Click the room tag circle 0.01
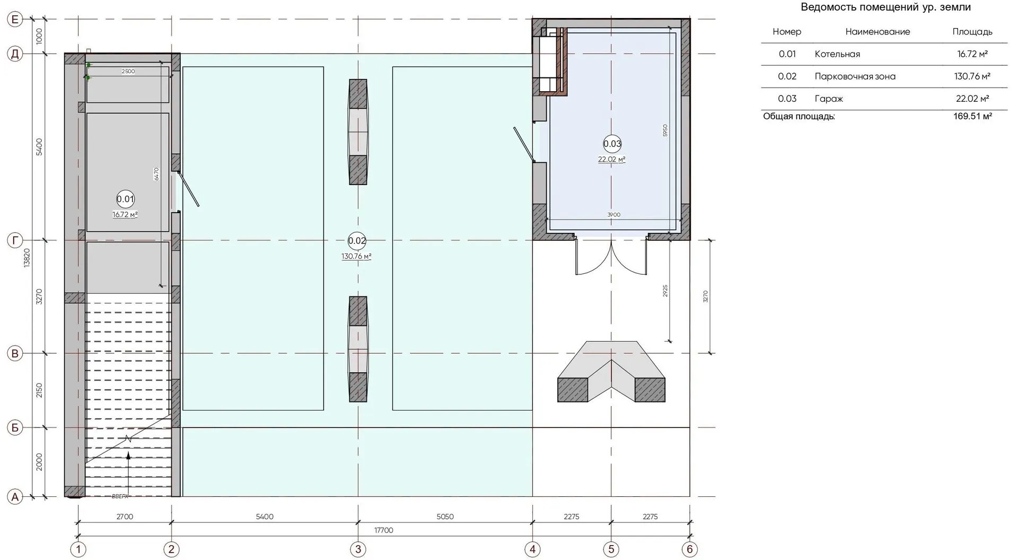point(125,199)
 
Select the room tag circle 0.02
point(357,241)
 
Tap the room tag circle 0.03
point(612,144)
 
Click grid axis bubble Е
point(15,20)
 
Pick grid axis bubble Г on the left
point(15,241)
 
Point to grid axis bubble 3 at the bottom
point(358,549)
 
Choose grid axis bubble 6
point(690,549)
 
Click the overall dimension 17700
point(384,530)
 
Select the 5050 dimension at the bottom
point(445,517)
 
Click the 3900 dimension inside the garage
point(613,215)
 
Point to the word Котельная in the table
point(837,54)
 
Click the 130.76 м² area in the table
point(972,76)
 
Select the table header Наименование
point(877,32)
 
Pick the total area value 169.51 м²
point(972,116)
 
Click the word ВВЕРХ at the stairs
point(120,496)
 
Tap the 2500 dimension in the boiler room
point(128,72)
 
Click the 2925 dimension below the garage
point(665,291)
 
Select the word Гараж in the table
point(829,99)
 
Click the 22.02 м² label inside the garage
point(612,159)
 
